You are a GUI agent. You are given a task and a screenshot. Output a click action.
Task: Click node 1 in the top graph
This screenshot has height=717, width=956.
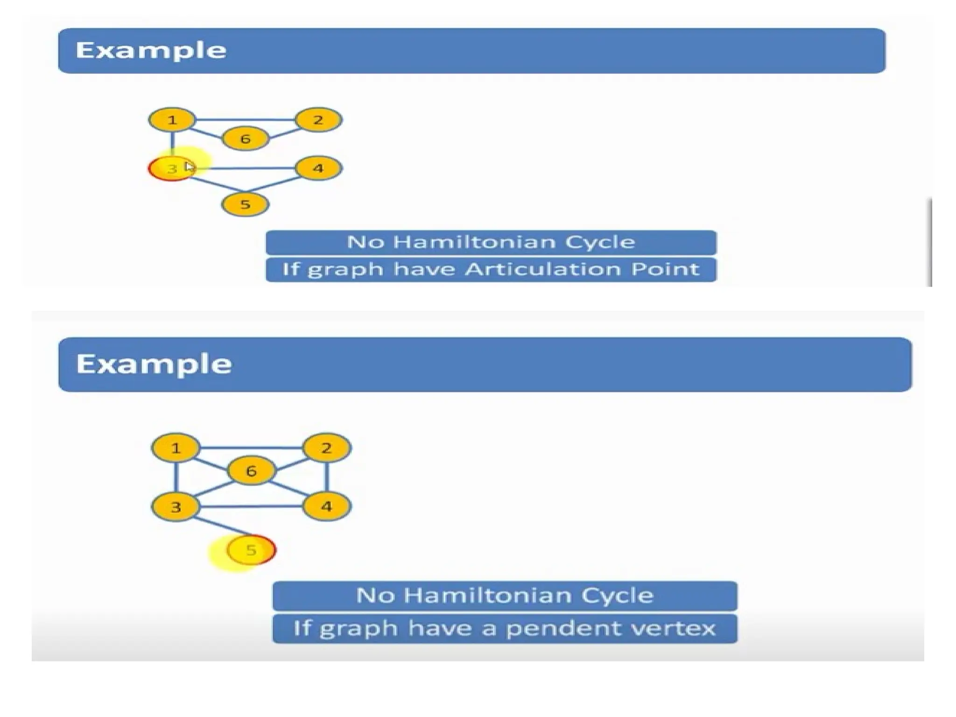pos(172,120)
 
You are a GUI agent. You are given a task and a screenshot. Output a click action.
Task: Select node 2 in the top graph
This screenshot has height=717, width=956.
pos(318,120)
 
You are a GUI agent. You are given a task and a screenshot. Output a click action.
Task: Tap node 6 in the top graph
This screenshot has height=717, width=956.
pos(245,139)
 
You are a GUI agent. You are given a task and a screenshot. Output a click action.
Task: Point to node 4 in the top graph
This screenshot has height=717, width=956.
pos(318,168)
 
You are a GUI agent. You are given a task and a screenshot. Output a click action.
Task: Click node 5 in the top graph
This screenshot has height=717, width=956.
pos(245,204)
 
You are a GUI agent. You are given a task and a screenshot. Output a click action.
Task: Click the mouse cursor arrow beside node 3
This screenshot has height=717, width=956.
pos(189,167)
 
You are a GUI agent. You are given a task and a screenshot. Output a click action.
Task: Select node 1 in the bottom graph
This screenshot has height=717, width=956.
pos(176,448)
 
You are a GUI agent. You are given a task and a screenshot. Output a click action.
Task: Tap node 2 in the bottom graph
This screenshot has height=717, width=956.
pos(326,448)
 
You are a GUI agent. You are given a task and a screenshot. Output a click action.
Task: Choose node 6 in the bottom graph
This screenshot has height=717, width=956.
pos(251,471)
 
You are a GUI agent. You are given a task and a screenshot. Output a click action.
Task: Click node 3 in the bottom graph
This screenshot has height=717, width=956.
pos(176,506)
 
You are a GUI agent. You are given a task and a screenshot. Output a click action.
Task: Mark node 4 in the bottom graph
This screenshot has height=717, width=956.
pos(326,506)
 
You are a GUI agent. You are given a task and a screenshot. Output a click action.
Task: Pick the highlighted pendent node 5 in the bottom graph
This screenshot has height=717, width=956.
pos(251,550)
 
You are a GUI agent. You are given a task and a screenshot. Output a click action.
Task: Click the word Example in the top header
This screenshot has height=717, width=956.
pos(151,50)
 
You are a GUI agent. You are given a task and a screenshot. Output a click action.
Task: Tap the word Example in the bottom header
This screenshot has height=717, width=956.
pos(154,364)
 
